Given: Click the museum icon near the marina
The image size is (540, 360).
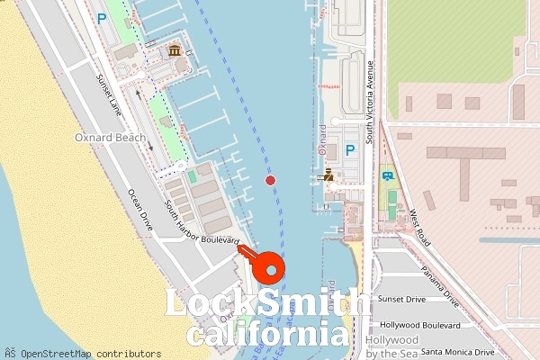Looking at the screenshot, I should (174, 49).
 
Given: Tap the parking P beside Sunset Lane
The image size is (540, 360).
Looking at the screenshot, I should (102, 17).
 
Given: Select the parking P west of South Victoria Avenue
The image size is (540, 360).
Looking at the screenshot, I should (349, 149).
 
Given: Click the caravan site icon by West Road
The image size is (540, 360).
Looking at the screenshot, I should (387, 175).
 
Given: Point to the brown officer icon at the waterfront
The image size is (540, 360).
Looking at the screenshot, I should (328, 175).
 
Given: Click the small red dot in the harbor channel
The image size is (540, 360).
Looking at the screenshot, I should (270, 180).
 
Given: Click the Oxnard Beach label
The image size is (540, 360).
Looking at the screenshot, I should (110, 138).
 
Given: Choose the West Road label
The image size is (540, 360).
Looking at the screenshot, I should (419, 230).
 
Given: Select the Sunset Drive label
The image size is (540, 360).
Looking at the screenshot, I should (401, 299).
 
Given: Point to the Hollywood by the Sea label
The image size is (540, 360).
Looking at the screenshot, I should (392, 346).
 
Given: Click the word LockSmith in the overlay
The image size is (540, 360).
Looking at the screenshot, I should (267, 304).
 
